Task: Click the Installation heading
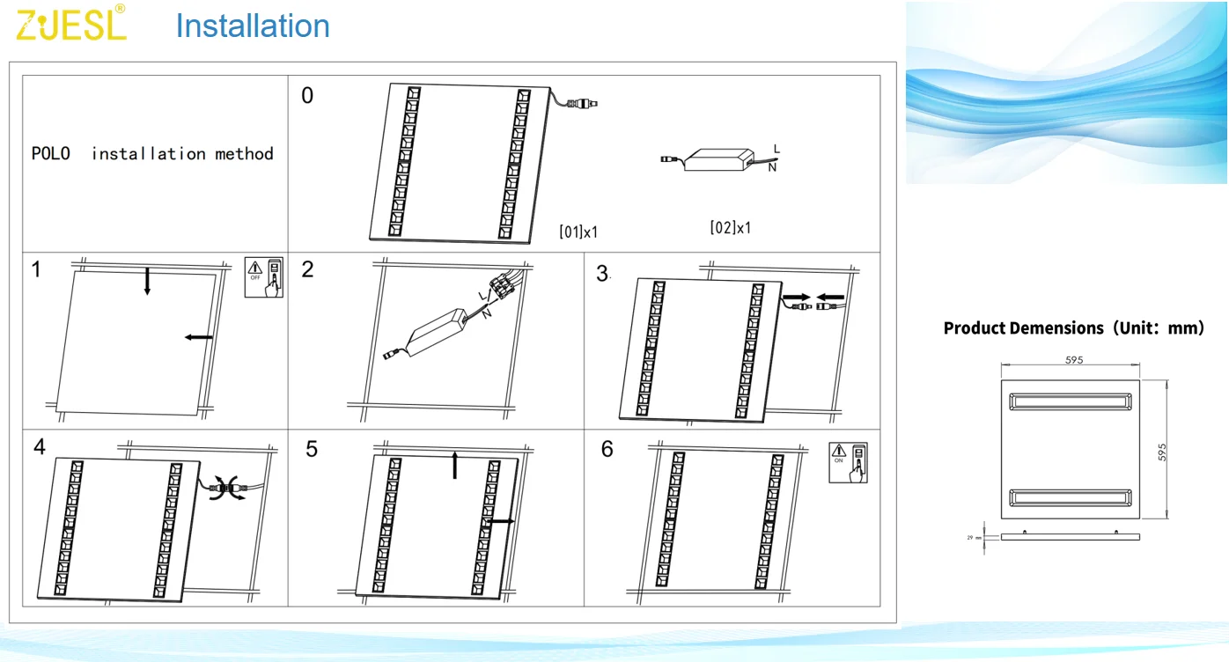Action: click(x=253, y=26)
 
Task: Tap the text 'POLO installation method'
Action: click(x=152, y=154)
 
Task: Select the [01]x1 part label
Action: click(x=578, y=232)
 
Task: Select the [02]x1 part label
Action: click(x=731, y=227)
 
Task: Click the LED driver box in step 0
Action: click(x=717, y=158)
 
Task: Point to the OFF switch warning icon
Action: click(x=264, y=278)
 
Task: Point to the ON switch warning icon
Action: click(x=848, y=462)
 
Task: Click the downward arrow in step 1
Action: click(x=147, y=280)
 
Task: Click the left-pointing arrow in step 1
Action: click(x=199, y=336)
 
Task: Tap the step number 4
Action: click(x=40, y=447)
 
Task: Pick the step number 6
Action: click(x=607, y=449)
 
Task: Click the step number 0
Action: click(x=307, y=96)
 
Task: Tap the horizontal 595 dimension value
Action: click(x=1073, y=359)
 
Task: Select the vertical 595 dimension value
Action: click(x=1162, y=452)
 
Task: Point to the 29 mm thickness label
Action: click(x=974, y=536)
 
